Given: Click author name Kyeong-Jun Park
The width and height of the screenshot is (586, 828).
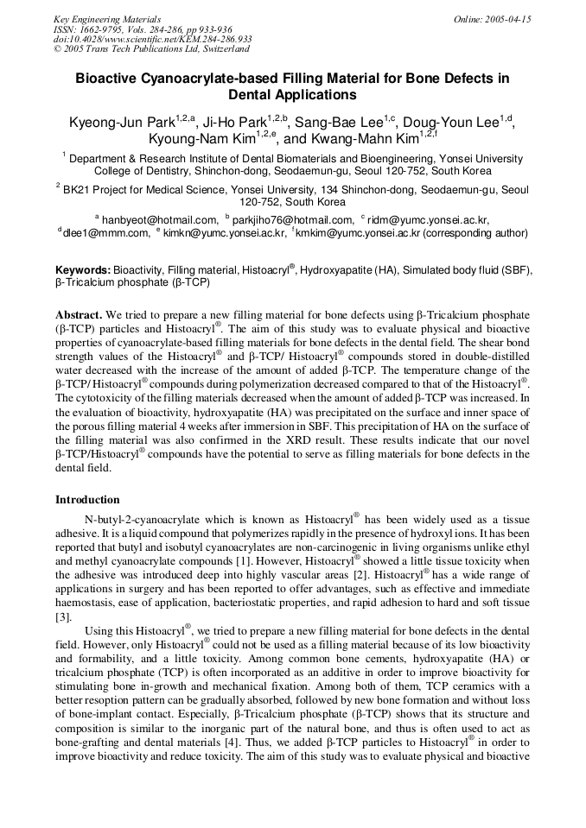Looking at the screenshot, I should click(x=122, y=123).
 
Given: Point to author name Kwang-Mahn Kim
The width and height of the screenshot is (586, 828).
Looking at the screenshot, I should click(x=363, y=139).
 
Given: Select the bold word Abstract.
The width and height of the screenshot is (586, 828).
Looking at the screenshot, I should click(x=79, y=315).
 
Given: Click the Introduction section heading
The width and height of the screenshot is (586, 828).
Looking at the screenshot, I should click(x=87, y=500).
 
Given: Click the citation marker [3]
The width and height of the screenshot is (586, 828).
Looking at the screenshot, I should click(x=63, y=616).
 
